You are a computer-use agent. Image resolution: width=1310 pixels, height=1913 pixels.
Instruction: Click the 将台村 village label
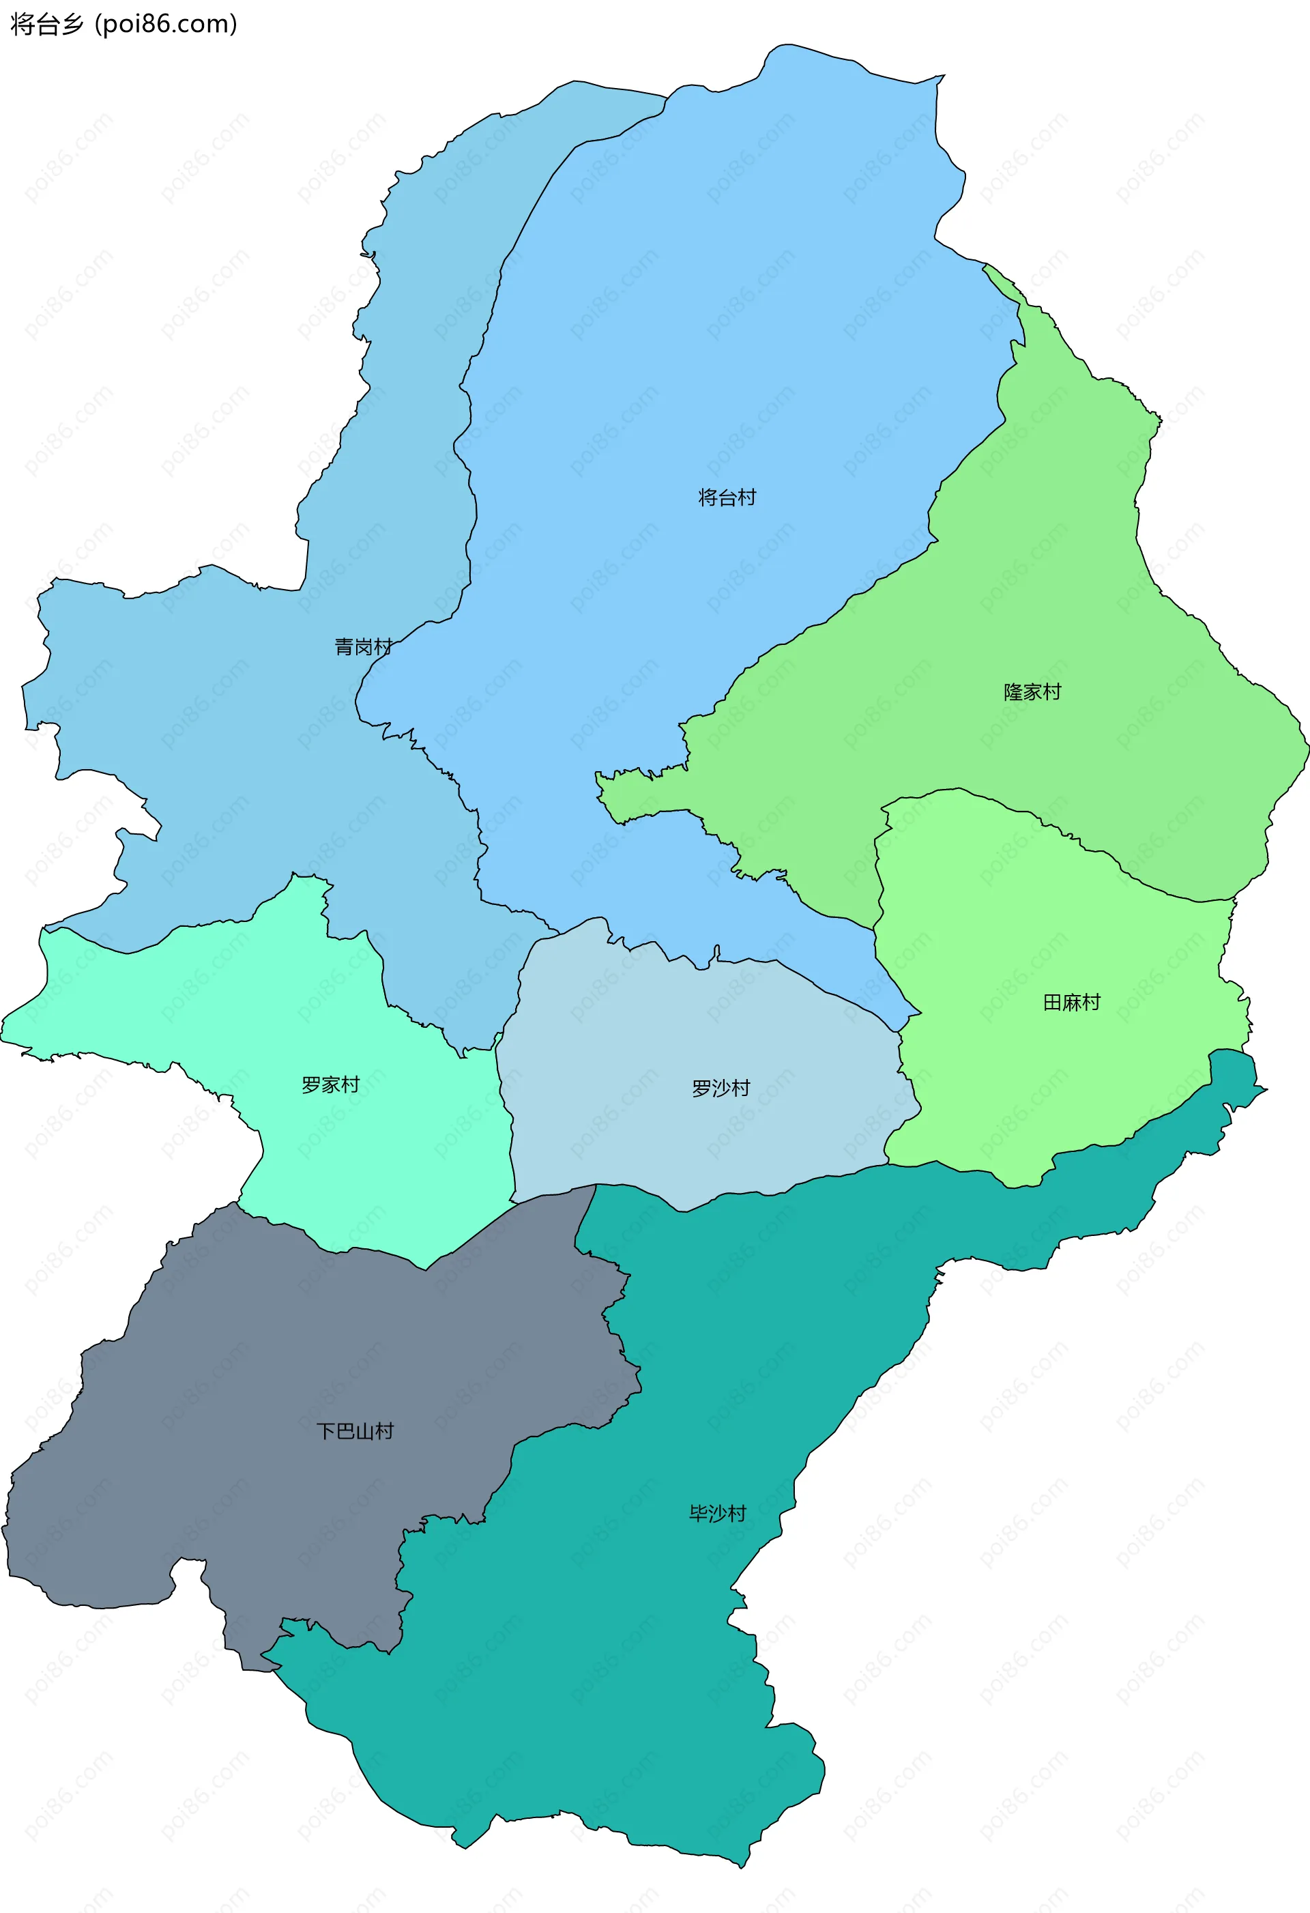727,497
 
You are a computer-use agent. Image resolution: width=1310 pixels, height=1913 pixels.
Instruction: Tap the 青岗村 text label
363,647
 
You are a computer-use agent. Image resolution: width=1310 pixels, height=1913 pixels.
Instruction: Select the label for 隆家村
1032,691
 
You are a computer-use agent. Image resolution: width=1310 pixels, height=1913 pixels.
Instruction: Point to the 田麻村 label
1071,1002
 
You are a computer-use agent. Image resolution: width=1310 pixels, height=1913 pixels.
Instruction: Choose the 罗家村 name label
330,1085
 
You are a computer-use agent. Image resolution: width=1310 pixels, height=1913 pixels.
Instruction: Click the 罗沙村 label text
720,1088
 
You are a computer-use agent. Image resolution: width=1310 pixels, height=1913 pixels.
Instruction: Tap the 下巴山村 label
355,1430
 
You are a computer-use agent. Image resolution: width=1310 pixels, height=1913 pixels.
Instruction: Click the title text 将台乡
47,24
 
